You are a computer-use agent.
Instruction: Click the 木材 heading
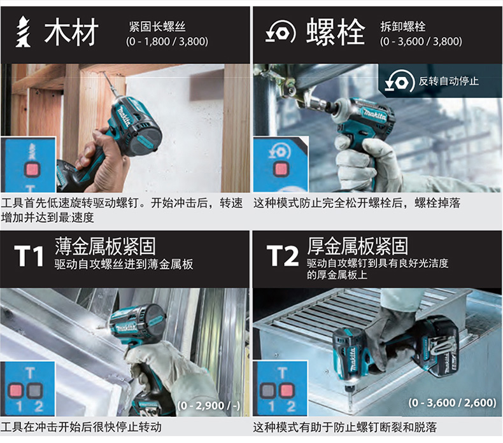tap(71, 32)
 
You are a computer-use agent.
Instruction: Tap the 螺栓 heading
tap(336, 31)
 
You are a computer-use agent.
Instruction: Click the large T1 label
tap(29, 257)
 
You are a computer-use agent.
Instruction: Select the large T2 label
tap(282, 256)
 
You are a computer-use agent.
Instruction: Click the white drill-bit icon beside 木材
tap(23, 31)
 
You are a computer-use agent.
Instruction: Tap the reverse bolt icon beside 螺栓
tap(280, 32)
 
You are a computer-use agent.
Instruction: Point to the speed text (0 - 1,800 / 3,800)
tap(167, 41)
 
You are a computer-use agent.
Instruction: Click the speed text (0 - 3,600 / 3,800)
tap(421, 41)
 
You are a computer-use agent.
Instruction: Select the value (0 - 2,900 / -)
tap(209, 405)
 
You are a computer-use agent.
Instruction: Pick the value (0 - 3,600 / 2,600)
tap(452, 402)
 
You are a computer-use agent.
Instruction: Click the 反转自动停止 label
tap(448, 81)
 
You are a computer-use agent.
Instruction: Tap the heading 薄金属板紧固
tap(105, 246)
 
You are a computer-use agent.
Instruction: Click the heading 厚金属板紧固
tap(358, 246)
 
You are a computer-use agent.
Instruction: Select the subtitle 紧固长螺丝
tap(157, 26)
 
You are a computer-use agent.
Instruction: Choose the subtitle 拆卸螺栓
tap(403, 26)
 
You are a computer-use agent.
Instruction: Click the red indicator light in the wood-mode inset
tap(32, 169)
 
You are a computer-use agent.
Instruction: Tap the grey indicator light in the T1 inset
tap(34, 390)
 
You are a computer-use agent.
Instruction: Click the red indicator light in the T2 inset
tap(287, 391)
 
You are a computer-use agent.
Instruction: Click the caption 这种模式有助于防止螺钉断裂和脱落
tap(345, 427)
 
